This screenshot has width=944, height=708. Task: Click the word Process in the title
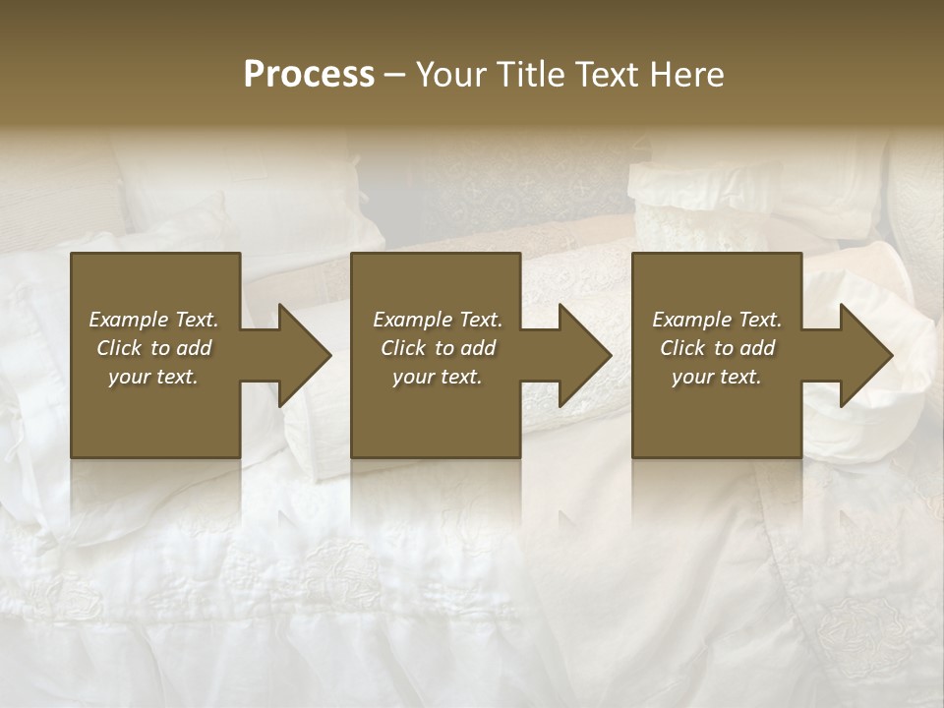click(x=309, y=75)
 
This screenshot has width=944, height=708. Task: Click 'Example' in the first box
click(x=128, y=320)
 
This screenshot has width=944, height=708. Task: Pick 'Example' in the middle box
click(x=412, y=320)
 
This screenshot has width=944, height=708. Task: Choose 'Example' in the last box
click(x=691, y=320)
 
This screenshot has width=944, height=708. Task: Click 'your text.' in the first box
click(x=153, y=377)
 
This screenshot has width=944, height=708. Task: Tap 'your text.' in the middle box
click(x=438, y=377)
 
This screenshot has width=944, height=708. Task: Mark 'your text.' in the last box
click(x=717, y=377)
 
